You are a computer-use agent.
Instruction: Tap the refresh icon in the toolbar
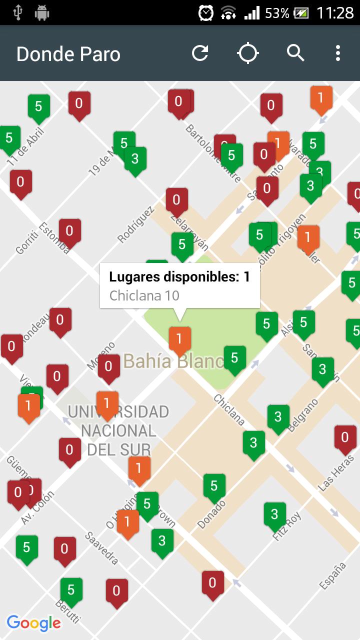click(x=200, y=53)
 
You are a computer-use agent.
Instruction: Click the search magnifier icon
click(x=295, y=53)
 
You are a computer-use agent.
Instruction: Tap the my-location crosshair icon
click(x=247, y=53)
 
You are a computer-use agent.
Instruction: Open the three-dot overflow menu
click(x=338, y=53)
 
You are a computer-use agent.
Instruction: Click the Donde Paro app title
click(x=68, y=54)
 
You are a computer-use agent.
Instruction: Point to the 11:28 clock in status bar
click(x=335, y=12)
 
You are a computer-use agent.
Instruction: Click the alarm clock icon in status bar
click(x=205, y=12)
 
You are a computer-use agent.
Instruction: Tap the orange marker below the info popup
click(x=179, y=339)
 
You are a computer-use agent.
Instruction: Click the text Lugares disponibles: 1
click(x=179, y=277)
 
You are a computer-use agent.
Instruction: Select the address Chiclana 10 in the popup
click(x=144, y=295)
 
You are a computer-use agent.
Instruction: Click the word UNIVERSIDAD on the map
click(x=118, y=412)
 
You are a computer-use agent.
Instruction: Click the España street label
click(x=333, y=575)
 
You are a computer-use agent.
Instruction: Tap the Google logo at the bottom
click(x=34, y=623)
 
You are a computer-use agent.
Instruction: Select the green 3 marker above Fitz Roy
click(x=274, y=514)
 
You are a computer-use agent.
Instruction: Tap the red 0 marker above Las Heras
click(x=345, y=437)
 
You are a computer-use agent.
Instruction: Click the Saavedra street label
click(x=101, y=548)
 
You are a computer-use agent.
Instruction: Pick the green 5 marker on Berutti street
click(x=71, y=590)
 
